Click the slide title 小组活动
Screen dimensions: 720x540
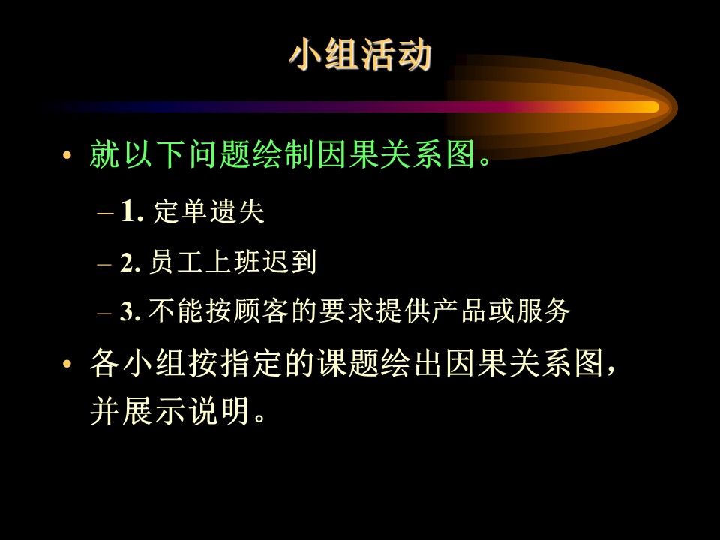[361, 55]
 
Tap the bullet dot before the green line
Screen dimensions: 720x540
[67, 155]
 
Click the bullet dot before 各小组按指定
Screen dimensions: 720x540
[67, 364]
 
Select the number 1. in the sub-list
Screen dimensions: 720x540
[132, 211]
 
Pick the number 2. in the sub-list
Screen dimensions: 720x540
[130, 262]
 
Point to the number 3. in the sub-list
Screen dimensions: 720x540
[130, 310]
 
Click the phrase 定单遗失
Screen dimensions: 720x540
[209, 211]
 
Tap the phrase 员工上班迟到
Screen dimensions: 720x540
[233, 262]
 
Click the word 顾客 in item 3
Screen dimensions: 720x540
[261, 310]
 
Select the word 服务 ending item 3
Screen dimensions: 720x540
[543, 310]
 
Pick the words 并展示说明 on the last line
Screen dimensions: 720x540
[170, 410]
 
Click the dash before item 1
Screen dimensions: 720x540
[105, 214]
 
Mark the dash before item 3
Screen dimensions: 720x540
[104, 313]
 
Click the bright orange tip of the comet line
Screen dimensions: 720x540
[652, 107]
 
